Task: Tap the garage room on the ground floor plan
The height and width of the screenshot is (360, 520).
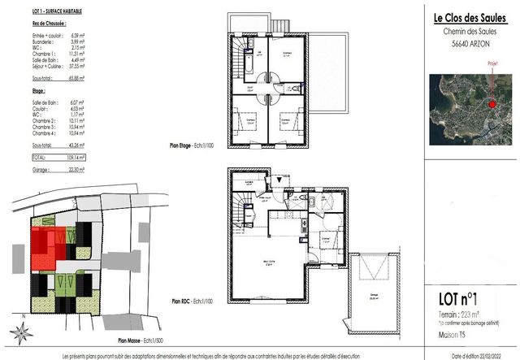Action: point(374,297)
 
